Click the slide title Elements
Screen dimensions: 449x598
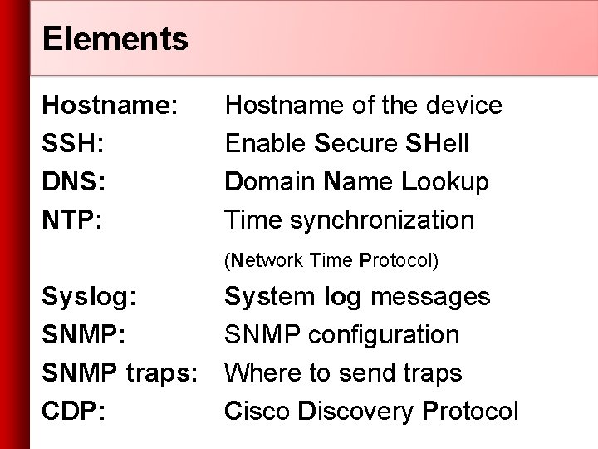click(115, 37)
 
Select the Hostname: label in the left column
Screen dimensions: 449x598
click(110, 106)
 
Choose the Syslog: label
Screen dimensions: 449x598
click(91, 297)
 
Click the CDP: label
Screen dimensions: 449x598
click(74, 412)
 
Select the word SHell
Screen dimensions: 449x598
click(438, 144)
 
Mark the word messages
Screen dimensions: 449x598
click(431, 297)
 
